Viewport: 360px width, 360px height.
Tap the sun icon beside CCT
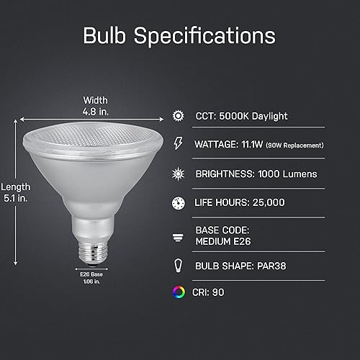click(x=178, y=115)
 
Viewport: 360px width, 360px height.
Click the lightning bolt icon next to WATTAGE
click(x=178, y=145)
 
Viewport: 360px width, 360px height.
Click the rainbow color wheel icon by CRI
click(x=178, y=292)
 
